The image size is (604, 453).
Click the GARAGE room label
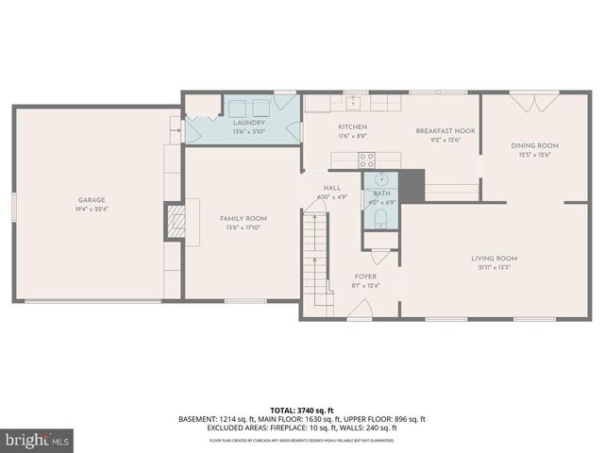click(x=92, y=199)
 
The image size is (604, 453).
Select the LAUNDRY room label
click(x=249, y=123)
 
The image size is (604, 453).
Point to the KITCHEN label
click(x=353, y=127)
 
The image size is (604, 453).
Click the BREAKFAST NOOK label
click(x=445, y=131)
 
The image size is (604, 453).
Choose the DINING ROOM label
click(x=535, y=145)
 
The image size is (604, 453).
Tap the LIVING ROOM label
click(x=495, y=258)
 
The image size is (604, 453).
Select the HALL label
click(x=332, y=188)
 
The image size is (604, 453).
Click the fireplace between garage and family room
click(x=174, y=223)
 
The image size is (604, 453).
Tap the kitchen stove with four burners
click(x=366, y=159)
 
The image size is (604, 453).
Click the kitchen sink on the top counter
click(x=356, y=100)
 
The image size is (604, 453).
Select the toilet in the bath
click(x=381, y=220)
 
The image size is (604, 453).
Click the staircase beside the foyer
click(x=315, y=255)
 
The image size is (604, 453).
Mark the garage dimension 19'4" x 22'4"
click(x=92, y=210)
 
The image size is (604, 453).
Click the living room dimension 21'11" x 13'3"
click(x=495, y=268)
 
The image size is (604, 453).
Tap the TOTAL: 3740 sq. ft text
click(x=302, y=411)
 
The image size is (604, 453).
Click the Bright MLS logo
click(x=38, y=440)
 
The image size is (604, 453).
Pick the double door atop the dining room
click(x=523, y=97)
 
